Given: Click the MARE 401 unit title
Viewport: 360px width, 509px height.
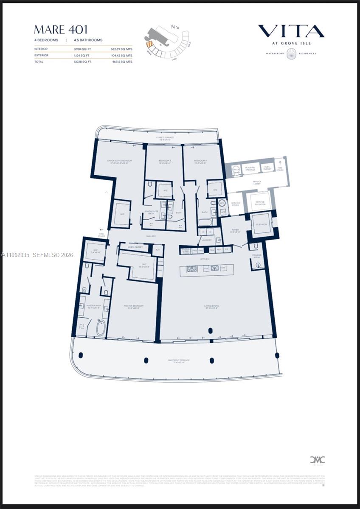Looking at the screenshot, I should (61, 30).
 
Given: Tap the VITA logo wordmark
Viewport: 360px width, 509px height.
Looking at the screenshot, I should (291, 31).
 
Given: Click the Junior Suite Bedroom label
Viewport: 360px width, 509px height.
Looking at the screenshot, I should (119, 161).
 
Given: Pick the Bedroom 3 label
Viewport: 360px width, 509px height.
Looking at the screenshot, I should (165, 161).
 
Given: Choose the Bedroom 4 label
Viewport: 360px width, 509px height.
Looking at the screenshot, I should (200, 161).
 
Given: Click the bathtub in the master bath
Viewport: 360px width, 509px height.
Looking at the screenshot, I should (101, 327).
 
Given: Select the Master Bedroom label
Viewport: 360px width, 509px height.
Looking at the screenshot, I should (133, 306).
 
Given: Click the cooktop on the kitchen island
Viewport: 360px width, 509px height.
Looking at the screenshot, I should (192, 268).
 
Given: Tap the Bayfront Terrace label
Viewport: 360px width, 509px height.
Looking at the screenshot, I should (178, 361).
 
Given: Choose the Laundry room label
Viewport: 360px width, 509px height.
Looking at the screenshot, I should (207, 240).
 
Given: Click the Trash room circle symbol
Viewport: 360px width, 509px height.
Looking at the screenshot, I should (236, 170).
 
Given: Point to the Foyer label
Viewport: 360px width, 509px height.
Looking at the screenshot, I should (235, 231).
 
